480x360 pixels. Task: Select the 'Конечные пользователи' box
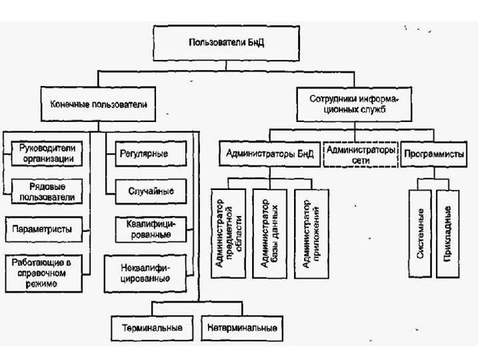pos(99,105)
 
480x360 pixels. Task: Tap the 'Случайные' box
pos(151,191)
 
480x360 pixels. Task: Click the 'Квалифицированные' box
pos(151,228)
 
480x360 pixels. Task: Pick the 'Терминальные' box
pos(153,327)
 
